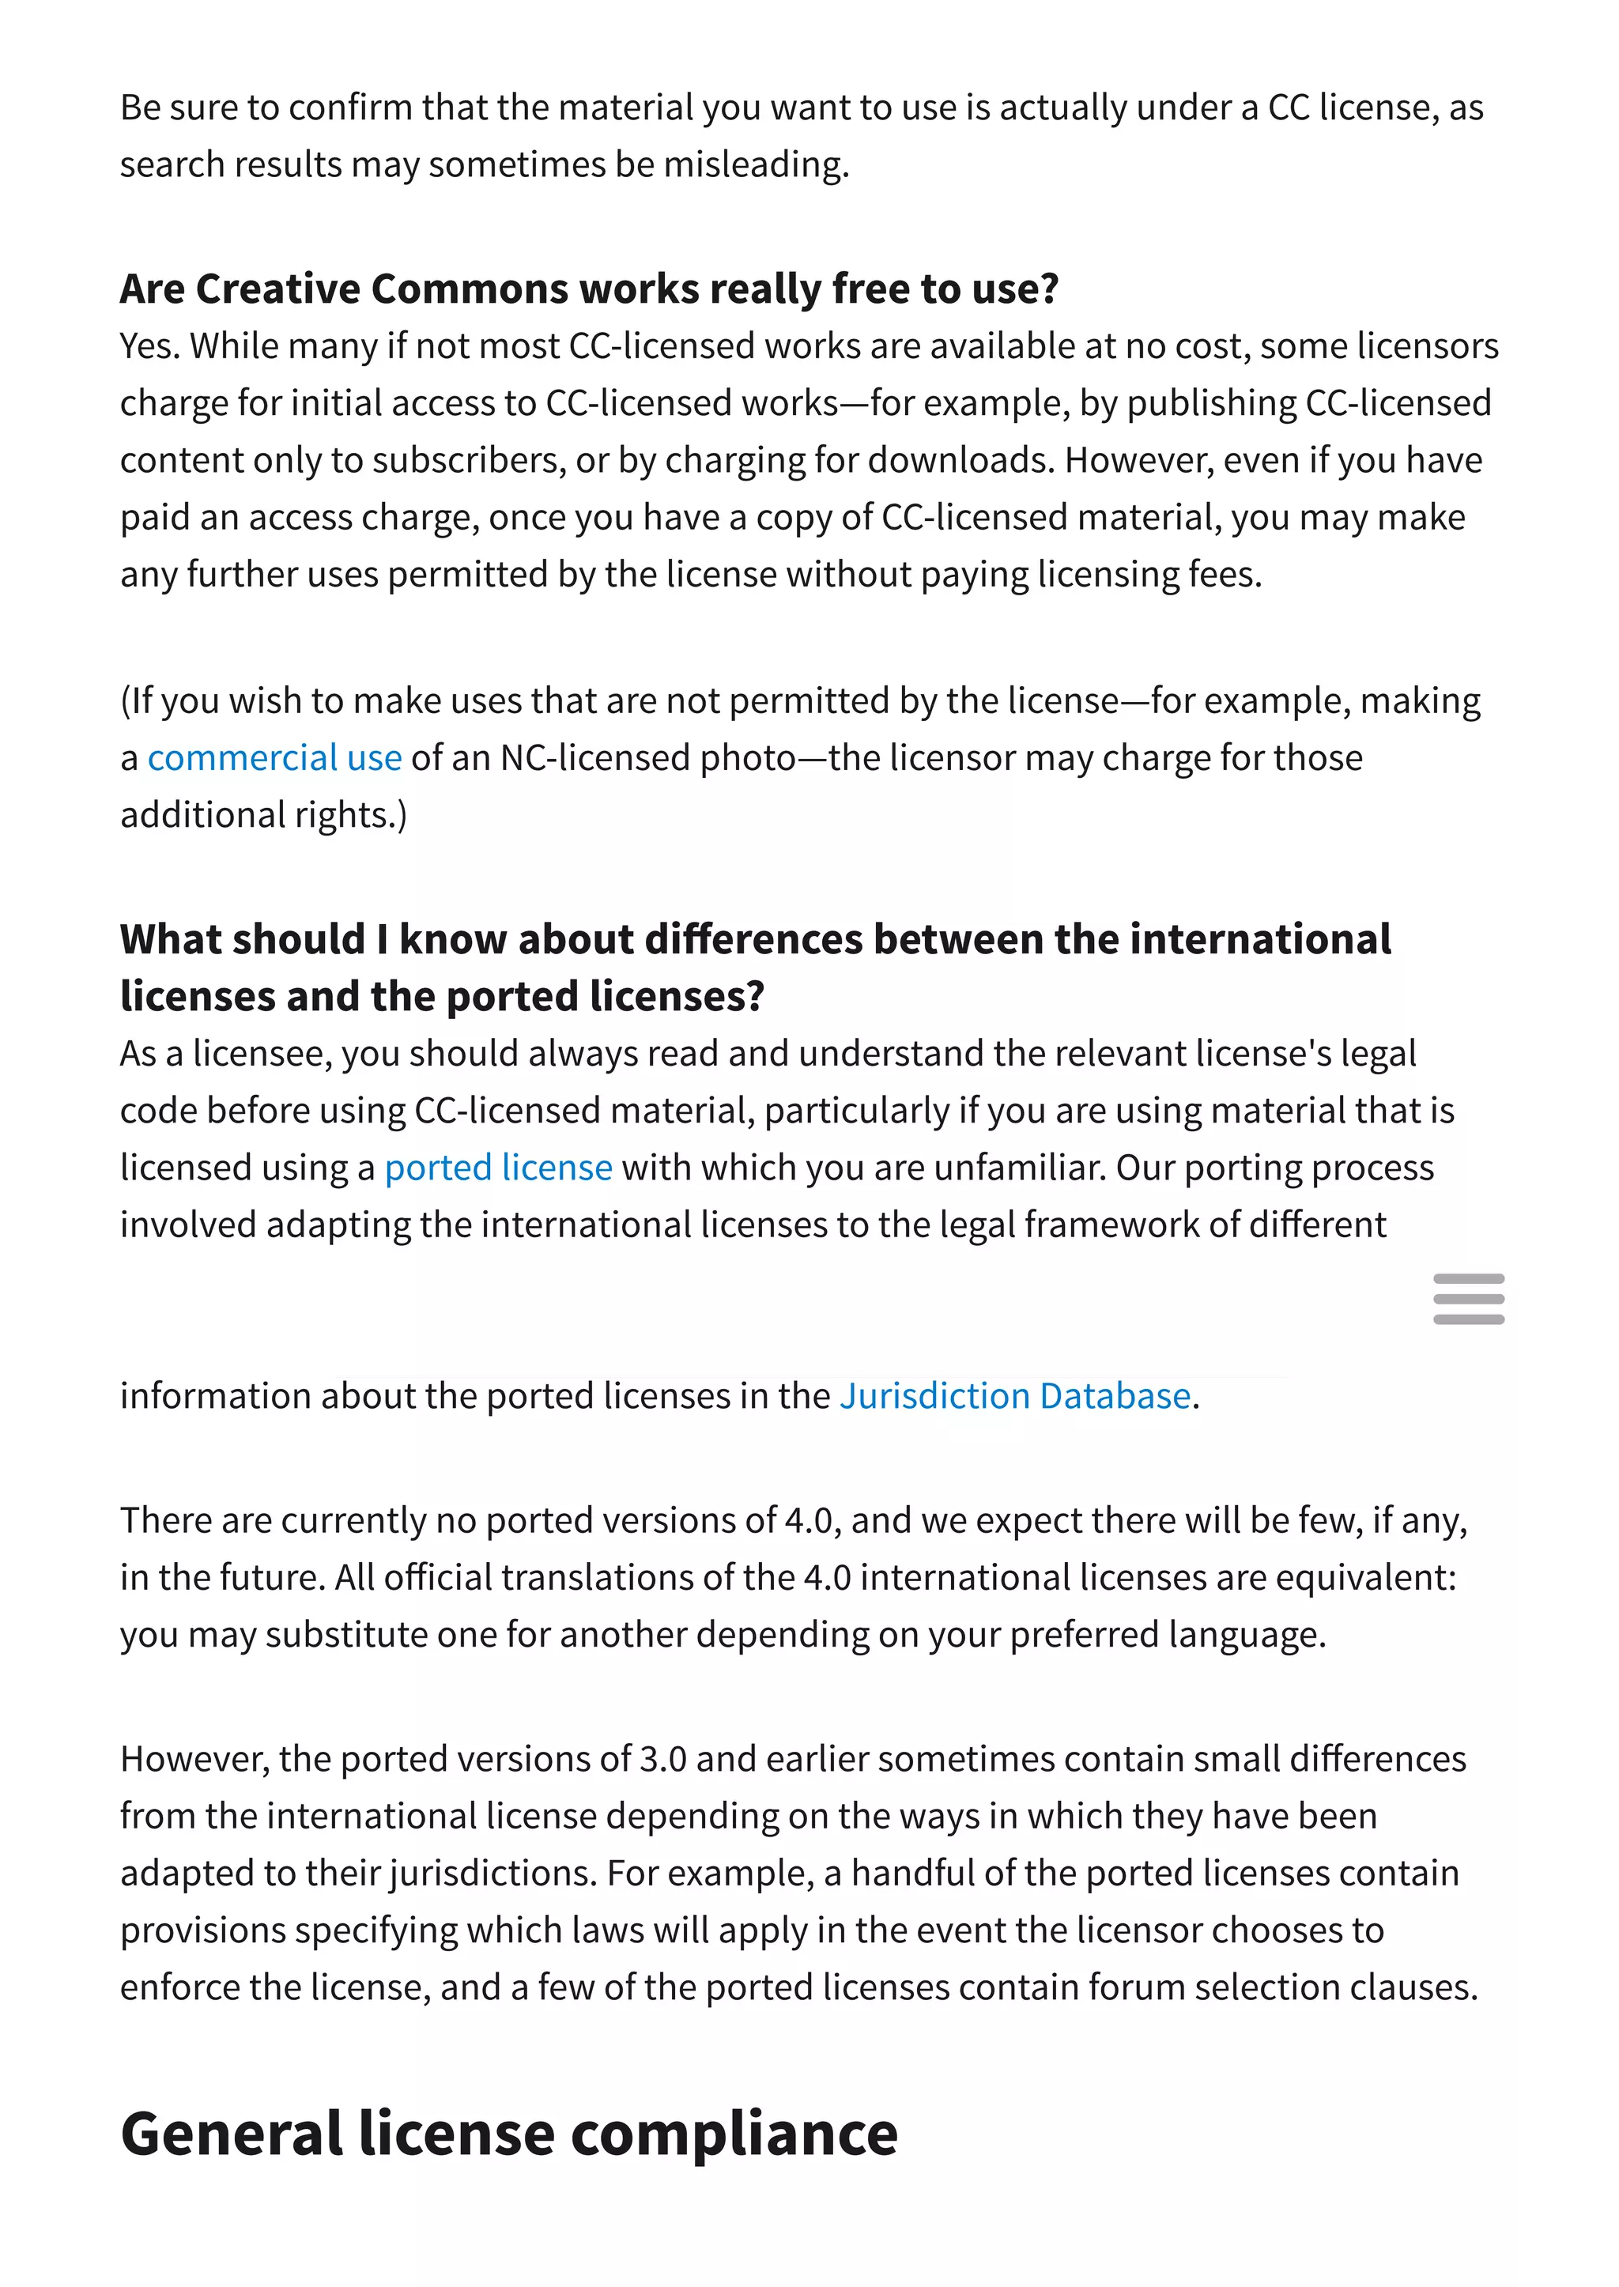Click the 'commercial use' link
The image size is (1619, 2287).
point(274,759)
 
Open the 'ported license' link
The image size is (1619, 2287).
point(499,1168)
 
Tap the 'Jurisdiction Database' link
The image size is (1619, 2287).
point(1015,1396)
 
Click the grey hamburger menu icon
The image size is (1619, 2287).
point(1469,1299)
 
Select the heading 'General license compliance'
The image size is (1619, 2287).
point(508,2134)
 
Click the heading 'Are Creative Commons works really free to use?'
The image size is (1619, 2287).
point(589,289)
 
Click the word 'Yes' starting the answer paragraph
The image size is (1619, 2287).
point(149,346)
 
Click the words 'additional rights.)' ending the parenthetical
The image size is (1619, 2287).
point(263,816)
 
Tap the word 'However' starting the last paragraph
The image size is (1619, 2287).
point(194,1759)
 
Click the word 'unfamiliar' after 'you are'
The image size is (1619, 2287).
point(1016,1168)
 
